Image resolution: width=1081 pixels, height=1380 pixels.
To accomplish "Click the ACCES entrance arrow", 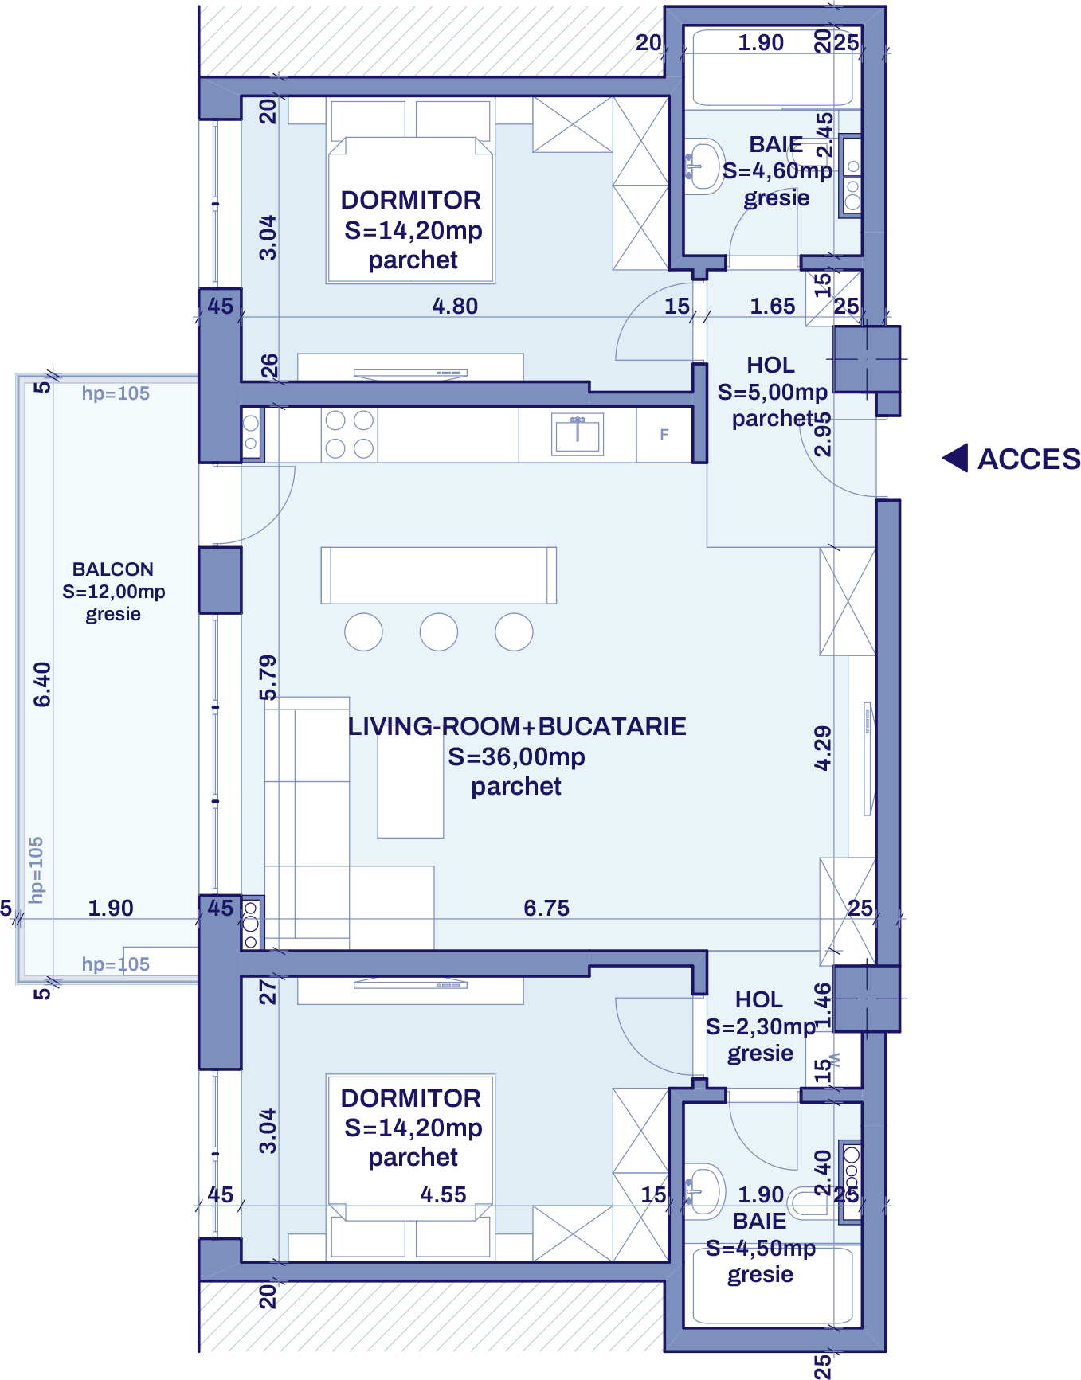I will tap(955, 458).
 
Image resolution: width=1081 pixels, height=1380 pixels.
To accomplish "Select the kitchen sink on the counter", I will tap(578, 435).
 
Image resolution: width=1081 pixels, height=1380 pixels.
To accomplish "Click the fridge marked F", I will tap(664, 435).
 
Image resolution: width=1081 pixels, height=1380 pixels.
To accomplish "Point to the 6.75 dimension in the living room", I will tap(546, 908).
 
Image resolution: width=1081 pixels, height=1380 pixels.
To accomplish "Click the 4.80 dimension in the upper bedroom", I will tap(455, 306).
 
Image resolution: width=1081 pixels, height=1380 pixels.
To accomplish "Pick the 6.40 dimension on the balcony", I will tap(42, 685).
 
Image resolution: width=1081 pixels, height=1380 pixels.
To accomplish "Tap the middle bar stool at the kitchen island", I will tap(439, 632).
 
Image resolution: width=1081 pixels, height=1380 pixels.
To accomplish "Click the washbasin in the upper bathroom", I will tap(704, 166).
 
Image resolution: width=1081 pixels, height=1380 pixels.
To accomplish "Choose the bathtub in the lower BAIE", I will tap(772, 1284).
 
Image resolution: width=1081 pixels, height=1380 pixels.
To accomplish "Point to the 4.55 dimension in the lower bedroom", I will tap(443, 1194).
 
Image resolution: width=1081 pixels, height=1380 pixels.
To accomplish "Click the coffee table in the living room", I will tap(410, 784).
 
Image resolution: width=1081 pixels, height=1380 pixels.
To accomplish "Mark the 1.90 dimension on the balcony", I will tap(111, 908).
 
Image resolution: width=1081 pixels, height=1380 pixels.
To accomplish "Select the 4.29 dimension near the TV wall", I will tap(823, 748).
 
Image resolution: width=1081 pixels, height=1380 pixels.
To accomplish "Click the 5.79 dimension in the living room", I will tap(268, 678).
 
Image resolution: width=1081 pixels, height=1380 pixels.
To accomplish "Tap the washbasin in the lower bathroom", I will tap(704, 1191).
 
